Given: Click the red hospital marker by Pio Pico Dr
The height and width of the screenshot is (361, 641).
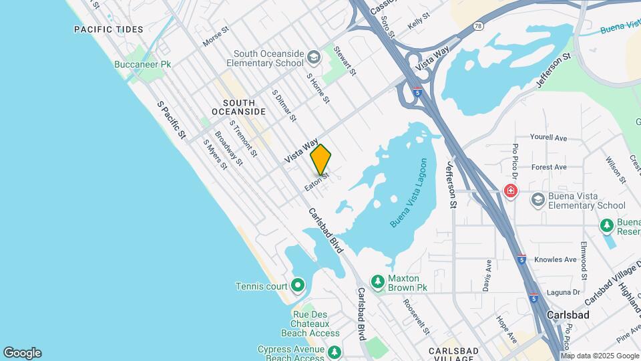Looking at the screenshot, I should (x=511, y=191).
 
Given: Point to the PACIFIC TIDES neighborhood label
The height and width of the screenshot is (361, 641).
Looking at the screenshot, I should (x=108, y=29).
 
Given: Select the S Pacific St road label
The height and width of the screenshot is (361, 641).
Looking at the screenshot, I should (x=171, y=120).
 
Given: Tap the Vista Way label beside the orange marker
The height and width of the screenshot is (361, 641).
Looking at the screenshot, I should (x=301, y=151).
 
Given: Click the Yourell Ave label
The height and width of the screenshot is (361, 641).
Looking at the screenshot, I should (x=548, y=138).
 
